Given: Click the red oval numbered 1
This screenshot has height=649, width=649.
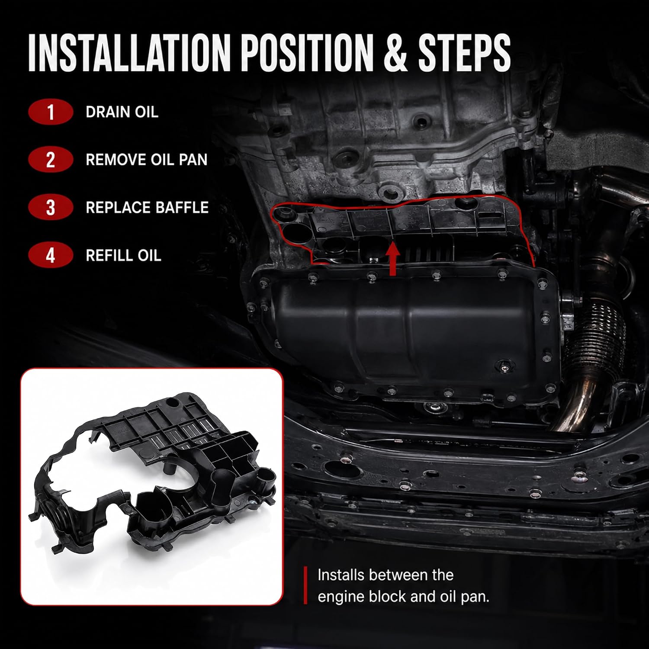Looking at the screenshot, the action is (51, 112).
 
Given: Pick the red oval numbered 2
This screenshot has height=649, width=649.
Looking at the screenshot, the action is (51, 160).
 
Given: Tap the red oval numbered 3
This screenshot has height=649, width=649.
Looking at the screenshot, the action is (51, 207).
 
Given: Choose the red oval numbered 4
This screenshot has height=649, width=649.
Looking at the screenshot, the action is (51, 255).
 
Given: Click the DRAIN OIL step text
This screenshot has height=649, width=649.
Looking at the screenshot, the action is (122, 112).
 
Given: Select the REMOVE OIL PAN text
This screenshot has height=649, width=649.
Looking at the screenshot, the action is (147, 160).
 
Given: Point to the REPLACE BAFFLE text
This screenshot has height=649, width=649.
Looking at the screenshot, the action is (147, 207).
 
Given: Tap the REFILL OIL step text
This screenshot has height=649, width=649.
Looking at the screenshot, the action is (123, 255).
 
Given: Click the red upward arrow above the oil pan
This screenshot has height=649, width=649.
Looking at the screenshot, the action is (393, 260).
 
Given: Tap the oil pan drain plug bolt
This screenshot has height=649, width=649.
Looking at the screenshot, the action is (504, 366).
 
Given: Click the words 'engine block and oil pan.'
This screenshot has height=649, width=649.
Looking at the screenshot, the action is (403, 597).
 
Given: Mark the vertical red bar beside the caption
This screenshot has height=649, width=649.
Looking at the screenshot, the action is (305, 585).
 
